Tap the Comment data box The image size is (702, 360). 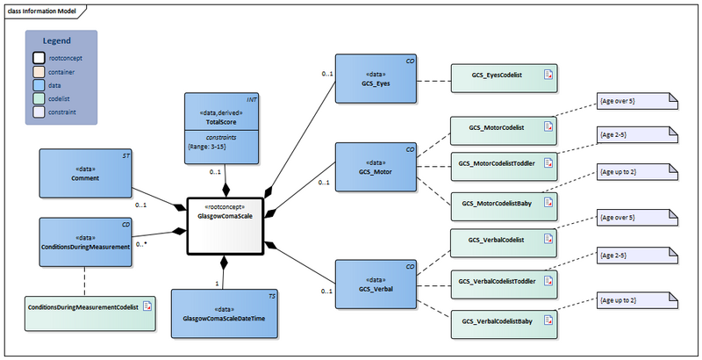[86, 173]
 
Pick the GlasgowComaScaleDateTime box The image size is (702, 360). [225, 313]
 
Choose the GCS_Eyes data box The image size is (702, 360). [376, 78]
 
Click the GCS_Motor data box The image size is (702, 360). [376, 166]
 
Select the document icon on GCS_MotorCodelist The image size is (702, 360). [548, 129]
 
